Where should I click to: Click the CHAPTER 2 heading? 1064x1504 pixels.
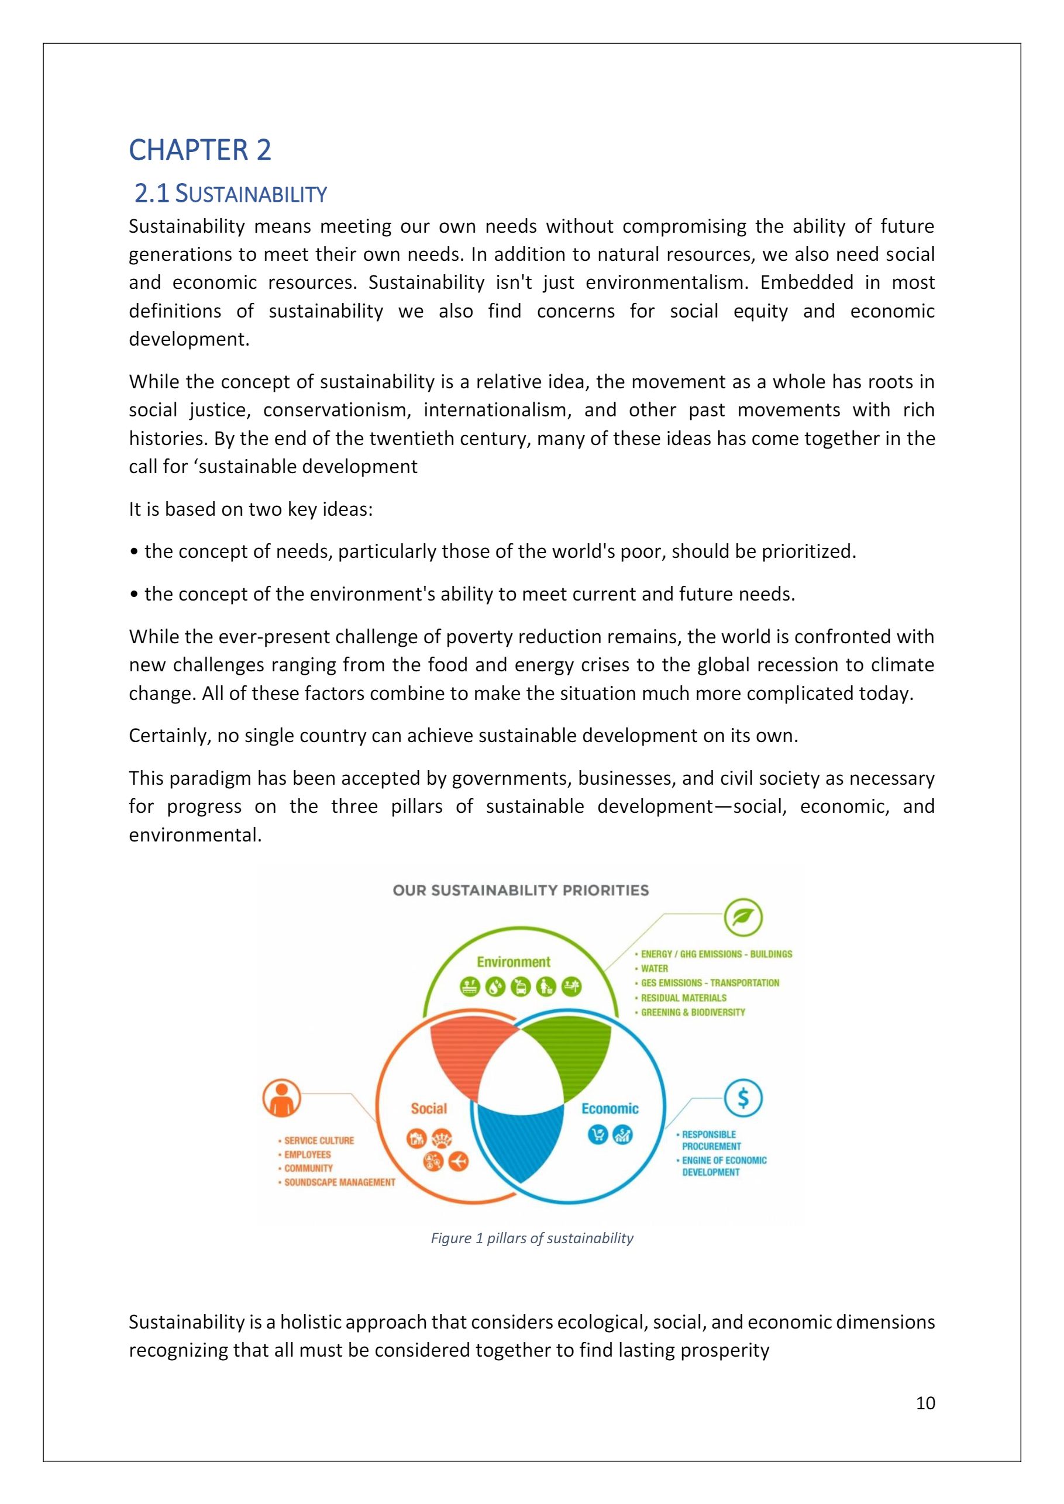click(200, 150)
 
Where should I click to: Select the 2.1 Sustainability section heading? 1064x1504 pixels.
click(230, 194)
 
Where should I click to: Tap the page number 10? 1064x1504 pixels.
click(925, 1402)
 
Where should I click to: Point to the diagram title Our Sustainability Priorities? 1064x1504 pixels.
click(520, 890)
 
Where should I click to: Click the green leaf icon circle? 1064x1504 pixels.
click(743, 917)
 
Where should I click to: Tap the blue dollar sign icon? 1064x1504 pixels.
click(743, 1097)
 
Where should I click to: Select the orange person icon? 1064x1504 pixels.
click(282, 1099)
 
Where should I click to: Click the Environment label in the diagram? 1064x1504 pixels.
click(513, 961)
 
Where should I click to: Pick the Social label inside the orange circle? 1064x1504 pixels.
click(429, 1108)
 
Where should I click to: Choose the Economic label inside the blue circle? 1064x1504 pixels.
click(610, 1108)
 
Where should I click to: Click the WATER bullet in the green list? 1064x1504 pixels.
click(654, 968)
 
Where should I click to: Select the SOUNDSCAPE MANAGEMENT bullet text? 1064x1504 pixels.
click(339, 1182)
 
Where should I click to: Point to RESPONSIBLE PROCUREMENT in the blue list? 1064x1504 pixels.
click(710, 1140)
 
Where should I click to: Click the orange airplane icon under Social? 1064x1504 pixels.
click(459, 1161)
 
